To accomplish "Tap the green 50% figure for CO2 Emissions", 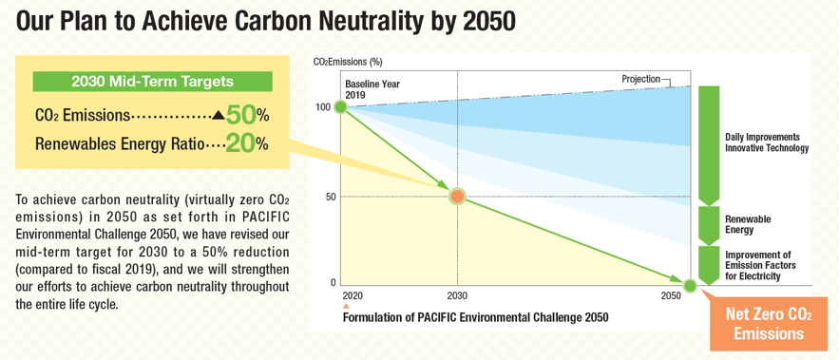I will pyautogui.click(x=240, y=115).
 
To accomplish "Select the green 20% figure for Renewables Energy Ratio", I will pyautogui.click(x=240, y=144).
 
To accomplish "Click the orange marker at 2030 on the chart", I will pyautogui.click(x=457, y=196).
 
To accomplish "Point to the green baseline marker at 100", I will pyautogui.click(x=340, y=106).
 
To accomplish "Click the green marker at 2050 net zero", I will pyautogui.click(x=690, y=284).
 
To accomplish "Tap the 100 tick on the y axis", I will pyautogui.click(x=325, y=106).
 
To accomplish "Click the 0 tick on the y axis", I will pyautogui.click(x=333, y=283).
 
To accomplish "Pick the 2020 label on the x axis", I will pyautogui.click(x=353, y=297).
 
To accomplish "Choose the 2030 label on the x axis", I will pyautogui.click(x=457, y=297).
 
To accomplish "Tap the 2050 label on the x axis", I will pyautogui.click(x=672, y=297).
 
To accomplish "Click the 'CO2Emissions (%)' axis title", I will pyautogui.click(x=347, y=62).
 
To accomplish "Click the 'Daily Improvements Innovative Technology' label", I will pyautogui.click(x=766, y=142).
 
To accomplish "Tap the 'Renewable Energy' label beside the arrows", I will pyautogui.click(x=748, y=224).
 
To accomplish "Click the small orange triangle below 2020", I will pyautogui.click(x=346, y=307).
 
